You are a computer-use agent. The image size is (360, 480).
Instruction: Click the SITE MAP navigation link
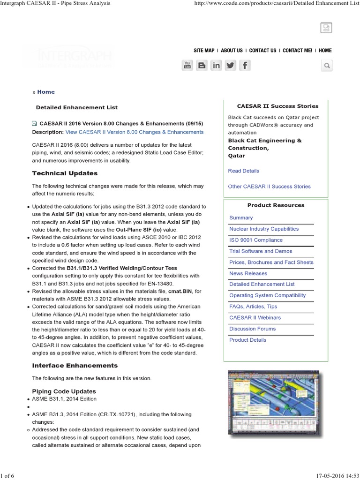(204, 51)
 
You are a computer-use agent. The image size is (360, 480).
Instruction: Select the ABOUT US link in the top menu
(232, 51)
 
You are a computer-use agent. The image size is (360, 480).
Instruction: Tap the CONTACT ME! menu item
(297, 51)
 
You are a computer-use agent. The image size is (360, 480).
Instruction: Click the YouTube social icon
(187, 66)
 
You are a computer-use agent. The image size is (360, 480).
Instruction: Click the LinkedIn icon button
(216, 66)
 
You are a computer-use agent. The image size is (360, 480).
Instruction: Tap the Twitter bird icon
(230, 66)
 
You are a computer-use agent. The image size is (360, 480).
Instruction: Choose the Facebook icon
(244, 66)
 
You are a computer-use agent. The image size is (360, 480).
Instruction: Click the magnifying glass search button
(327, 66)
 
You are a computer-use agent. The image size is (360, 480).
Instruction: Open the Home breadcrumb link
(46, 92)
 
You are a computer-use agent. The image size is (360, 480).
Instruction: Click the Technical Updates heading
(65, 173)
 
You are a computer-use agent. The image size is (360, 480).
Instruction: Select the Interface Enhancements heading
(75, 366)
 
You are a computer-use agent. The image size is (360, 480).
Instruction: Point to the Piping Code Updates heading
(64, 391)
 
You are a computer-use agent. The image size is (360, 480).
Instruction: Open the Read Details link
(243, 171)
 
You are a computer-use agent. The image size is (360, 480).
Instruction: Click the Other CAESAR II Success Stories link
(269, 187)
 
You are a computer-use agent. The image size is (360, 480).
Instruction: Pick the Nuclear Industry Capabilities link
(263, 229)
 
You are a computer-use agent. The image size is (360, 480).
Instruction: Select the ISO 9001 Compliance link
(255, 240)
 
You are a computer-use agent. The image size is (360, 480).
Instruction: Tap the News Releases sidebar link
(248, 273)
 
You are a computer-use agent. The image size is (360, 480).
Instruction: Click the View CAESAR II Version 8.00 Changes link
(134, 132)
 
